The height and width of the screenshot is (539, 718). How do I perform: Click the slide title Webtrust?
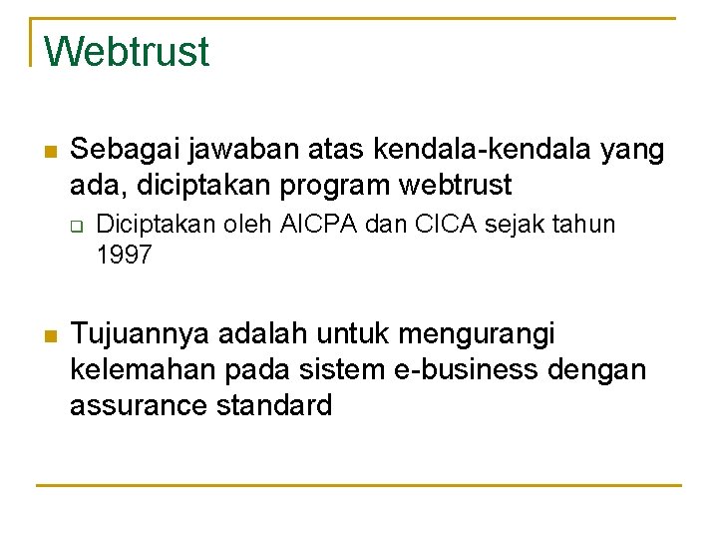pyautogui.click(x=127, y=51)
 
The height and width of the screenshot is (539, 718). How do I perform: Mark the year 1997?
pyautogui.click(x=124, y=255)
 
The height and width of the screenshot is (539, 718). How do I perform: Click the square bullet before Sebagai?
pyautogui.click(x=52, y=153)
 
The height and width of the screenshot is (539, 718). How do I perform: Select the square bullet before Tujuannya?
pyautogui.click(x=52, y=334)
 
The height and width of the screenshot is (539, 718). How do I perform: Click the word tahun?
pyautogui.click(x=583, y=225)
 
